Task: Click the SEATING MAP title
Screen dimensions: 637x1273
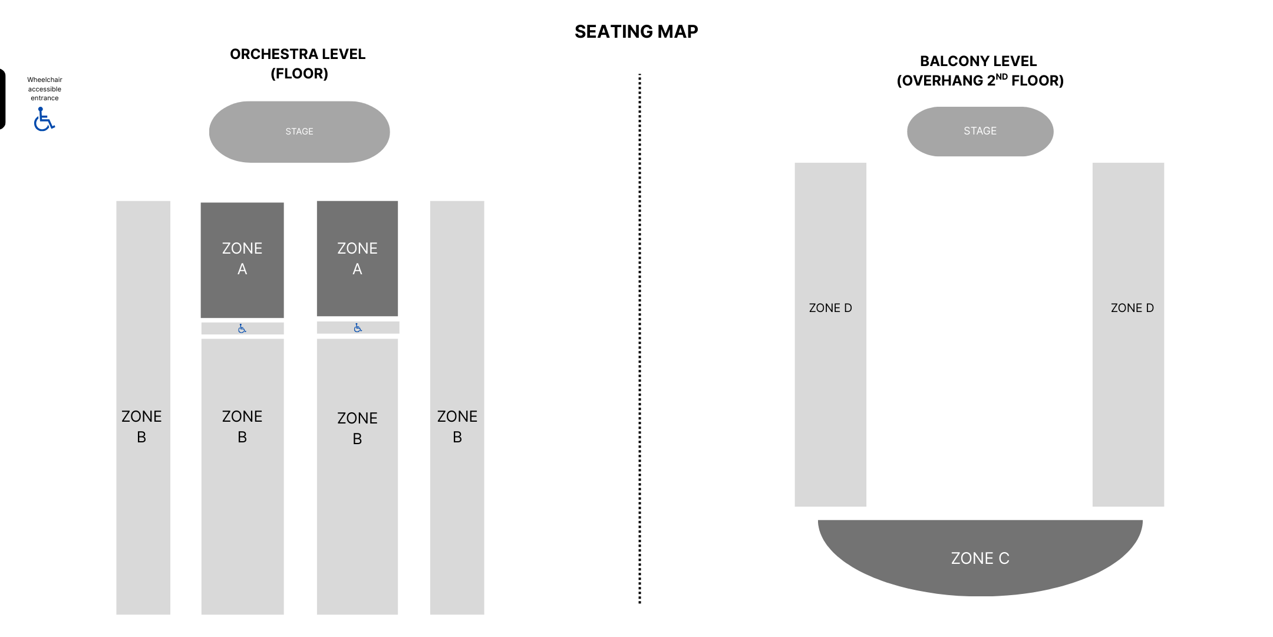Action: click(636, 31)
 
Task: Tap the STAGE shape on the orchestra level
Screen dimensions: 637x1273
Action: click(299, 132)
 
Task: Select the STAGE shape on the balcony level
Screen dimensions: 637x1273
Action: click(980, 131)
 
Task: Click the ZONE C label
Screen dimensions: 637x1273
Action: click(980, 558)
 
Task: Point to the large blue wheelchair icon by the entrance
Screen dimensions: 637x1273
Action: click(44, 119)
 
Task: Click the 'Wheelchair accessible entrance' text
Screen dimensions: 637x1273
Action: click(45, 89)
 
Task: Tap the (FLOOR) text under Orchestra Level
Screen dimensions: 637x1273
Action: click(299, 74)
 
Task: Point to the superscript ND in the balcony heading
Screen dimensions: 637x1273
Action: click(1001, 76)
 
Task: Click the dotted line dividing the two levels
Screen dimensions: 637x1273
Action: click(639, 339)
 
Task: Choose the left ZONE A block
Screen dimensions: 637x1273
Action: click(242, 260)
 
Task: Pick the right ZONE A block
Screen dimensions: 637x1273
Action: click(357, 258)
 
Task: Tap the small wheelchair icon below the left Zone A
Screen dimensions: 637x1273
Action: click(242, 329)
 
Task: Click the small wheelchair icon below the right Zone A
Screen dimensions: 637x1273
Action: click(358, 327)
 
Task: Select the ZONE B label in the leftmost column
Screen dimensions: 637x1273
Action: click(141, 426)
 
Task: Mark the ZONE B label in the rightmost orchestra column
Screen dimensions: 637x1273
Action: click(457, 426)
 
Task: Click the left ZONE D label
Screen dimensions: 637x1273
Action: click(830, 308)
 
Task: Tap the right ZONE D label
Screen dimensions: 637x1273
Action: click(1132, 308)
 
